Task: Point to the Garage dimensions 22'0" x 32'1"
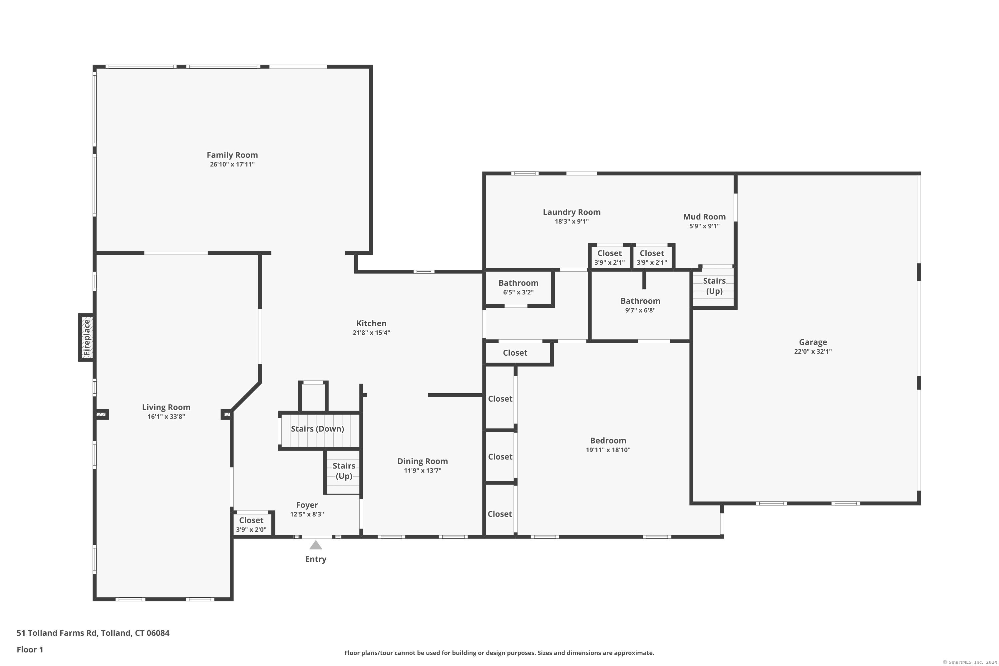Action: click(813, 351)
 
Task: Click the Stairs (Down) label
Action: click(317, 429)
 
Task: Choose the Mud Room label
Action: click(704, 217)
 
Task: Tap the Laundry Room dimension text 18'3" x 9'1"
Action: click(571, 221)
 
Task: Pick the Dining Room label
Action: click(422, 461)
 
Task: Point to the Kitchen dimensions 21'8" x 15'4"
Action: click(371, 333)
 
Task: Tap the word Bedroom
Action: click(608, 441)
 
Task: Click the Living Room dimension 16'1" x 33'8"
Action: click(166, 417)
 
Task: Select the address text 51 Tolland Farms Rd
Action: click(57, 633)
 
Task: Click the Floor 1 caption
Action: click(30, 649)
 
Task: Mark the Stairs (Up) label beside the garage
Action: click(714, 286)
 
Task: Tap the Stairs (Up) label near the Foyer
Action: click(344, 471)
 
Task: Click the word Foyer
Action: click(307, 505)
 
